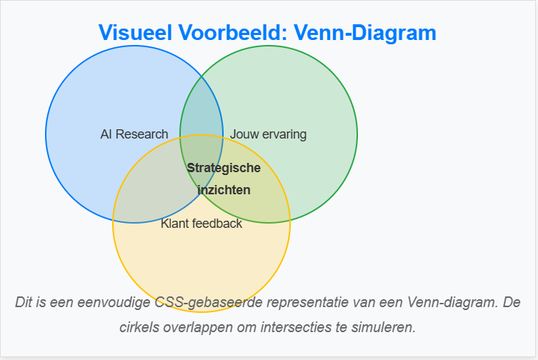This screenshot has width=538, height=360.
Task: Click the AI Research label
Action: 134,134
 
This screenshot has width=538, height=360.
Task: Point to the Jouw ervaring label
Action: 268,134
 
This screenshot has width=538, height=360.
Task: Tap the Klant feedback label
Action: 201,224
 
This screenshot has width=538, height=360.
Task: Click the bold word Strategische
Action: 224,168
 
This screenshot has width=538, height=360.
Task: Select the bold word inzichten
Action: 224,190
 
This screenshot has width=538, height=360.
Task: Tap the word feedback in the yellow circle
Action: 217,224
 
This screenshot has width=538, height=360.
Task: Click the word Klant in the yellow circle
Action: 175,224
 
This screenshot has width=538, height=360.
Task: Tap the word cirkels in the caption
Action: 139,328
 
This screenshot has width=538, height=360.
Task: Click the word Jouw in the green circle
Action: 244,134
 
